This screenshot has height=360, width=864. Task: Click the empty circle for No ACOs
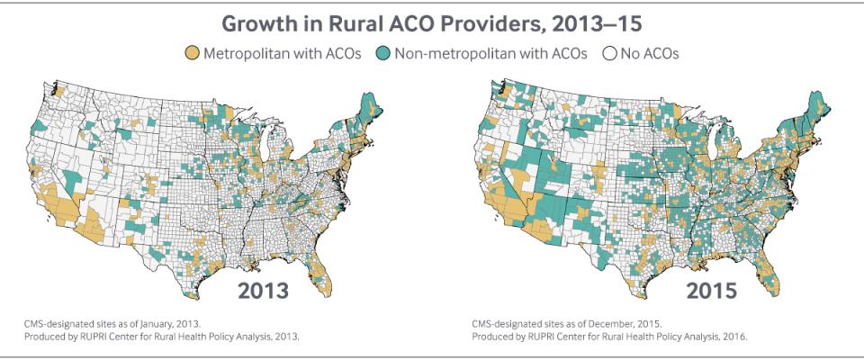tap(608, 54)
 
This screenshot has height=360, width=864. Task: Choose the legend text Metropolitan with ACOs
tap(282, 54)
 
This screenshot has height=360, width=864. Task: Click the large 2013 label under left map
tap(263, 290)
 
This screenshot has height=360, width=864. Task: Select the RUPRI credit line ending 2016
tap(609, 335)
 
